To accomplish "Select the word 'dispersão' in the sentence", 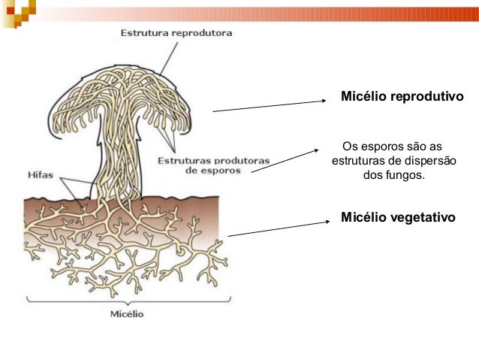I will (431, 161).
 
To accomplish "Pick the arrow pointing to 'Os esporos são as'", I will (285, 160).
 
